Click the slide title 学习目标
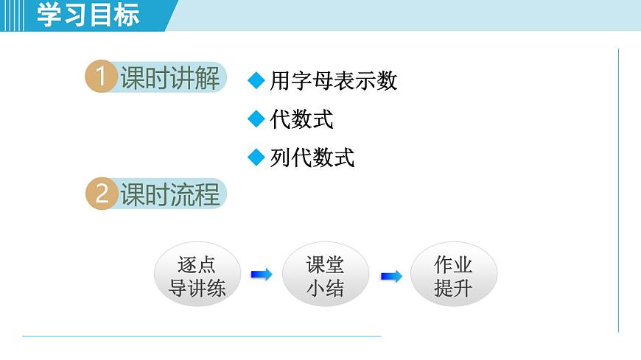tap(88, 15)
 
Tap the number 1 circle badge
tap(100, 78)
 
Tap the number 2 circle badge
tap(100, 194)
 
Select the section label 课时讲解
tap(170, 79)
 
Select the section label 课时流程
tap(170, 195)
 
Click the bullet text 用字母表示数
tap(334, 81)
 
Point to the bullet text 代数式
tap(302, 119)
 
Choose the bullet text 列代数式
tap(312, 158)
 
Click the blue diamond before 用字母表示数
tap(256, 80)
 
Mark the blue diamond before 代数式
tap(256, 118)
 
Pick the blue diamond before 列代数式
tap(256, 157)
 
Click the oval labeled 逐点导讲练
tap(197, 275)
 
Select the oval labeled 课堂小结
tap(325, 275)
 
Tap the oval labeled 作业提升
tap(453, 275)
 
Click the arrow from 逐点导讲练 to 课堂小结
tap(261, 275)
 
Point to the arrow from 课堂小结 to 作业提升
tap(390, 276)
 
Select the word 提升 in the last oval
tap(453, 288)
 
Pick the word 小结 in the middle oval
tap(325, 288)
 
